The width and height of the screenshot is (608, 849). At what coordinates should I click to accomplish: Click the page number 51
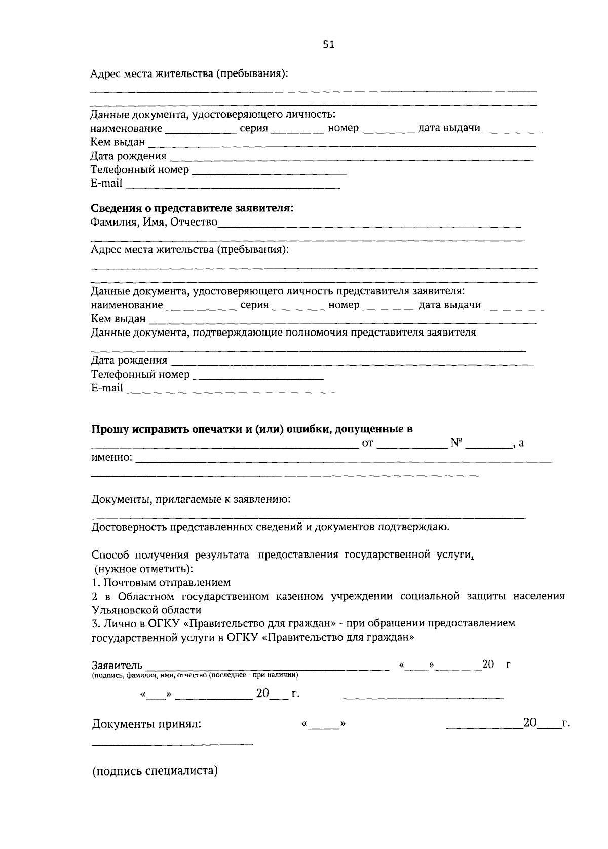pos(329,45)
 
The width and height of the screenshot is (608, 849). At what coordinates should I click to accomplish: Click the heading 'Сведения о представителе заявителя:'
pos(192,208)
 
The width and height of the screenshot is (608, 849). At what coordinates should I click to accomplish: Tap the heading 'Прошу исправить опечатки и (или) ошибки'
pos(252,429)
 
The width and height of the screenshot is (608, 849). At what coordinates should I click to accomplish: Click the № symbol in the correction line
pos(457,443)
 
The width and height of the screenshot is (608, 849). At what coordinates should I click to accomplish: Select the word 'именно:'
pos(112,458)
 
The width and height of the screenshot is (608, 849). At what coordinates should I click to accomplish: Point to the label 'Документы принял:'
pos(146,724)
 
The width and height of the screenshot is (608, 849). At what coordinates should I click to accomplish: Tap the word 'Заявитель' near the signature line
pos(117,666)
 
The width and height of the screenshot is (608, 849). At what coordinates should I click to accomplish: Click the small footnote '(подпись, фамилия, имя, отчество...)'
pos(195,675)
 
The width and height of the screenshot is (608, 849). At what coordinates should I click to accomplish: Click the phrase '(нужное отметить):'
pos(144,569)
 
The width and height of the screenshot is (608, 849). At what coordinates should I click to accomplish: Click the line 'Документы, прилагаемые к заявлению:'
pos(191,500)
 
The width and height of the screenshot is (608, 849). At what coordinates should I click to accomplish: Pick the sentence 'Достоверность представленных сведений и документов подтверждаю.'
pos(270,527)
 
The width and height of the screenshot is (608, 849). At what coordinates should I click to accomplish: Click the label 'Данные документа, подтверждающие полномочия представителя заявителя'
pos(283,333)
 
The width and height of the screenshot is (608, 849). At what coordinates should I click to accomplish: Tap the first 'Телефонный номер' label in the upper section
pos(140,169)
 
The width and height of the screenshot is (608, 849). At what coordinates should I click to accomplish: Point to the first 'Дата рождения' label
pos(129,156)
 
